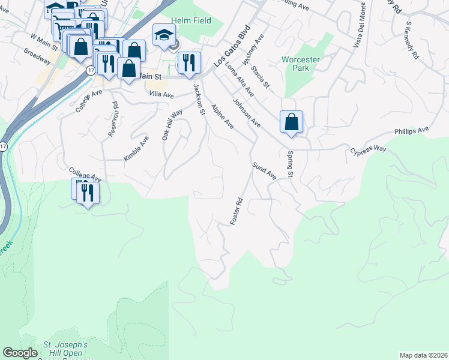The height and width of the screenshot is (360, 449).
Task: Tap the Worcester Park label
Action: coord(301,64)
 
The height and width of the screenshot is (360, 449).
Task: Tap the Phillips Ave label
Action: coord(411,130)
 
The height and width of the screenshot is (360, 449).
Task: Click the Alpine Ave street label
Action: coord(221,116)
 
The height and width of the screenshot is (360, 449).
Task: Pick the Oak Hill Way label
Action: coord(172,125)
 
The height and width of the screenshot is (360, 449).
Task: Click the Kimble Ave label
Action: coord(136,148)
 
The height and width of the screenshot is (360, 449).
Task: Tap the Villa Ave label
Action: coord(161,95)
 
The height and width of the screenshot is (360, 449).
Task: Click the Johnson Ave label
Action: coord(247,113)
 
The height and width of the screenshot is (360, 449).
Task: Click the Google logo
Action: coord(20,353)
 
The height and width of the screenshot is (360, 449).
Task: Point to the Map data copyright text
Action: coord(423,355)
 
